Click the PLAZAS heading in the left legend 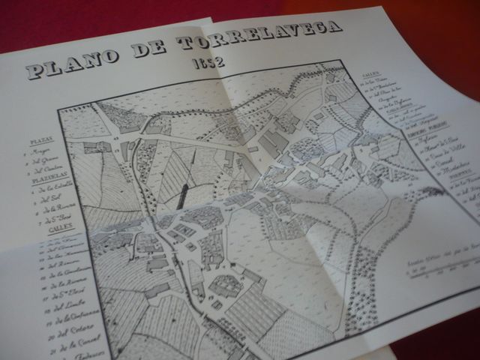[x=40, y=140]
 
